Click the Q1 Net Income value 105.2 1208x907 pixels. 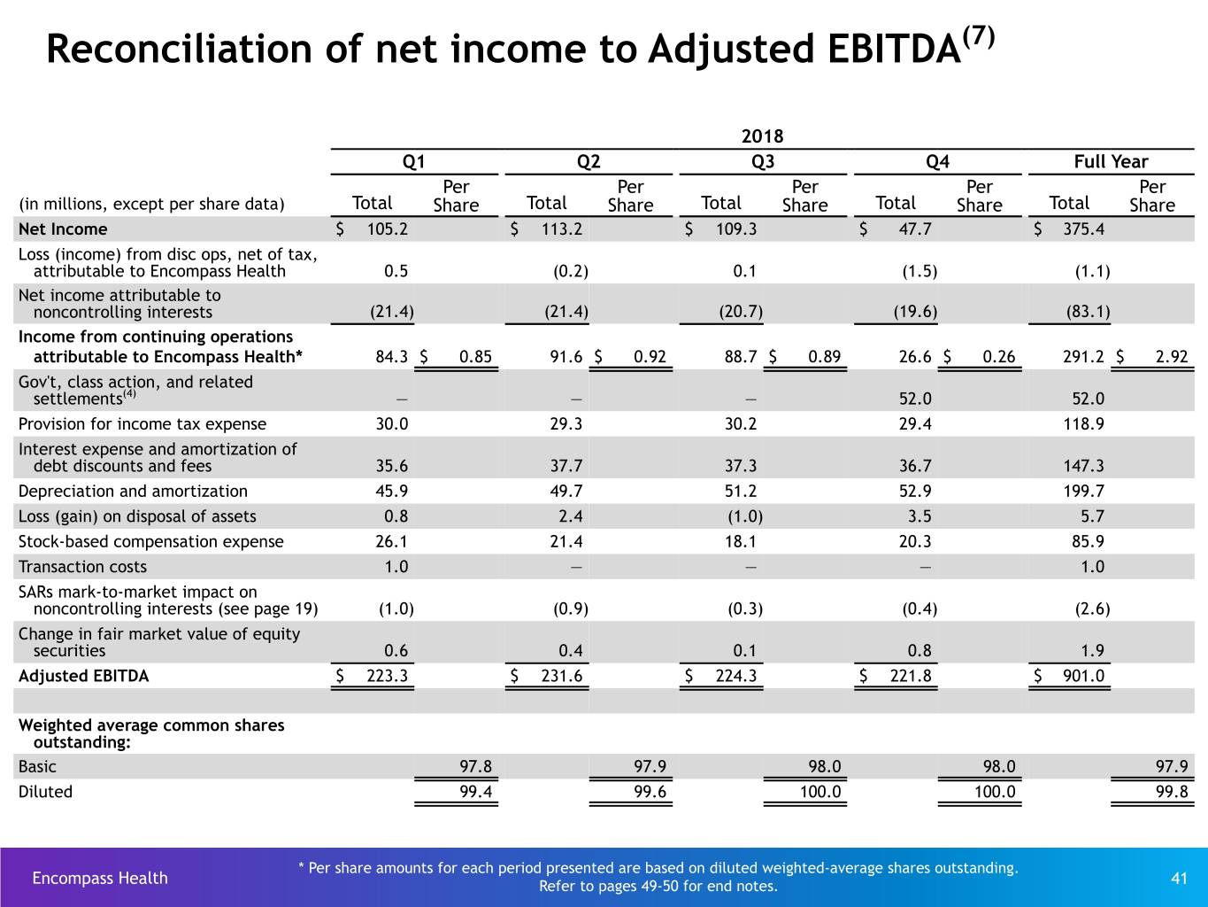click(388, 229)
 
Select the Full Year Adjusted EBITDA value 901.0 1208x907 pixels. click(1083, 675)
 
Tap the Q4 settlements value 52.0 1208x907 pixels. click(915, 399)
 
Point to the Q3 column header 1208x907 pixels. click(763, 161)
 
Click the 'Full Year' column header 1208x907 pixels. click(1111, 161)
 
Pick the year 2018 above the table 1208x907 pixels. click(762, 136)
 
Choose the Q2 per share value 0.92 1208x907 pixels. click(650, 356)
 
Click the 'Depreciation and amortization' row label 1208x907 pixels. click(133, 491)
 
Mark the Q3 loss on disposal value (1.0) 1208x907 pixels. click(745, 516)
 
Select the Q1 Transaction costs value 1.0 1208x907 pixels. click(396, 566)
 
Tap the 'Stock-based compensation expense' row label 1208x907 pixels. click(150, 541)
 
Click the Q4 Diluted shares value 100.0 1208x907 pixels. click(995, 791)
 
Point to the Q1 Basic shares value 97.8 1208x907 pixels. click(475, 766)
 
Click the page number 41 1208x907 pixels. click(1179, 878)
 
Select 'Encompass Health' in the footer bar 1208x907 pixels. click(100, 878)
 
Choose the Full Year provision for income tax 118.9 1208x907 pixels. click(1083, 423)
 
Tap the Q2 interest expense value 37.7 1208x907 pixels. click(566, 465)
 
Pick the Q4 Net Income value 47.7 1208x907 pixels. click(915, 229)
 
